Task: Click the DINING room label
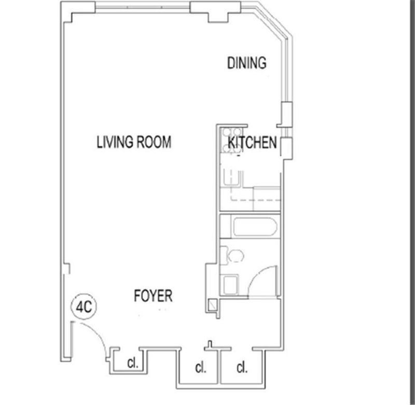pyautogui.click(x=247, y=63)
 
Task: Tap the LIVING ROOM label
pyautogui.click(x=134, y=142)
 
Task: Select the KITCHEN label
pyautogui.click(x=252, y=142)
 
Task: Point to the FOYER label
pyautogui.click(x=153, y=296)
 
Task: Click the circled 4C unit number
pyautogui.click(x=84, y=306)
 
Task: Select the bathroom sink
pyautogui.click(x=231, y=285)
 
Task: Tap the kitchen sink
pyautogui.click(x=233, y=178)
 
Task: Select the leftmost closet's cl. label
pyautogui.click(x=133, y=363)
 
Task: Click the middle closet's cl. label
pyautogui.click(x=201, y=368)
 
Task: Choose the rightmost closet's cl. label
pyautogui.click(x=242, y=368)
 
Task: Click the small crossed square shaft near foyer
pyautogui.click(x=213, y=305)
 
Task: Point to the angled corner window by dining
pyautogui.click(x=273, y=24)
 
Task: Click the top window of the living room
pyautogui.click(x=143, y=7)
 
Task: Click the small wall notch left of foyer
pyautogui.click(x=67, y=269)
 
